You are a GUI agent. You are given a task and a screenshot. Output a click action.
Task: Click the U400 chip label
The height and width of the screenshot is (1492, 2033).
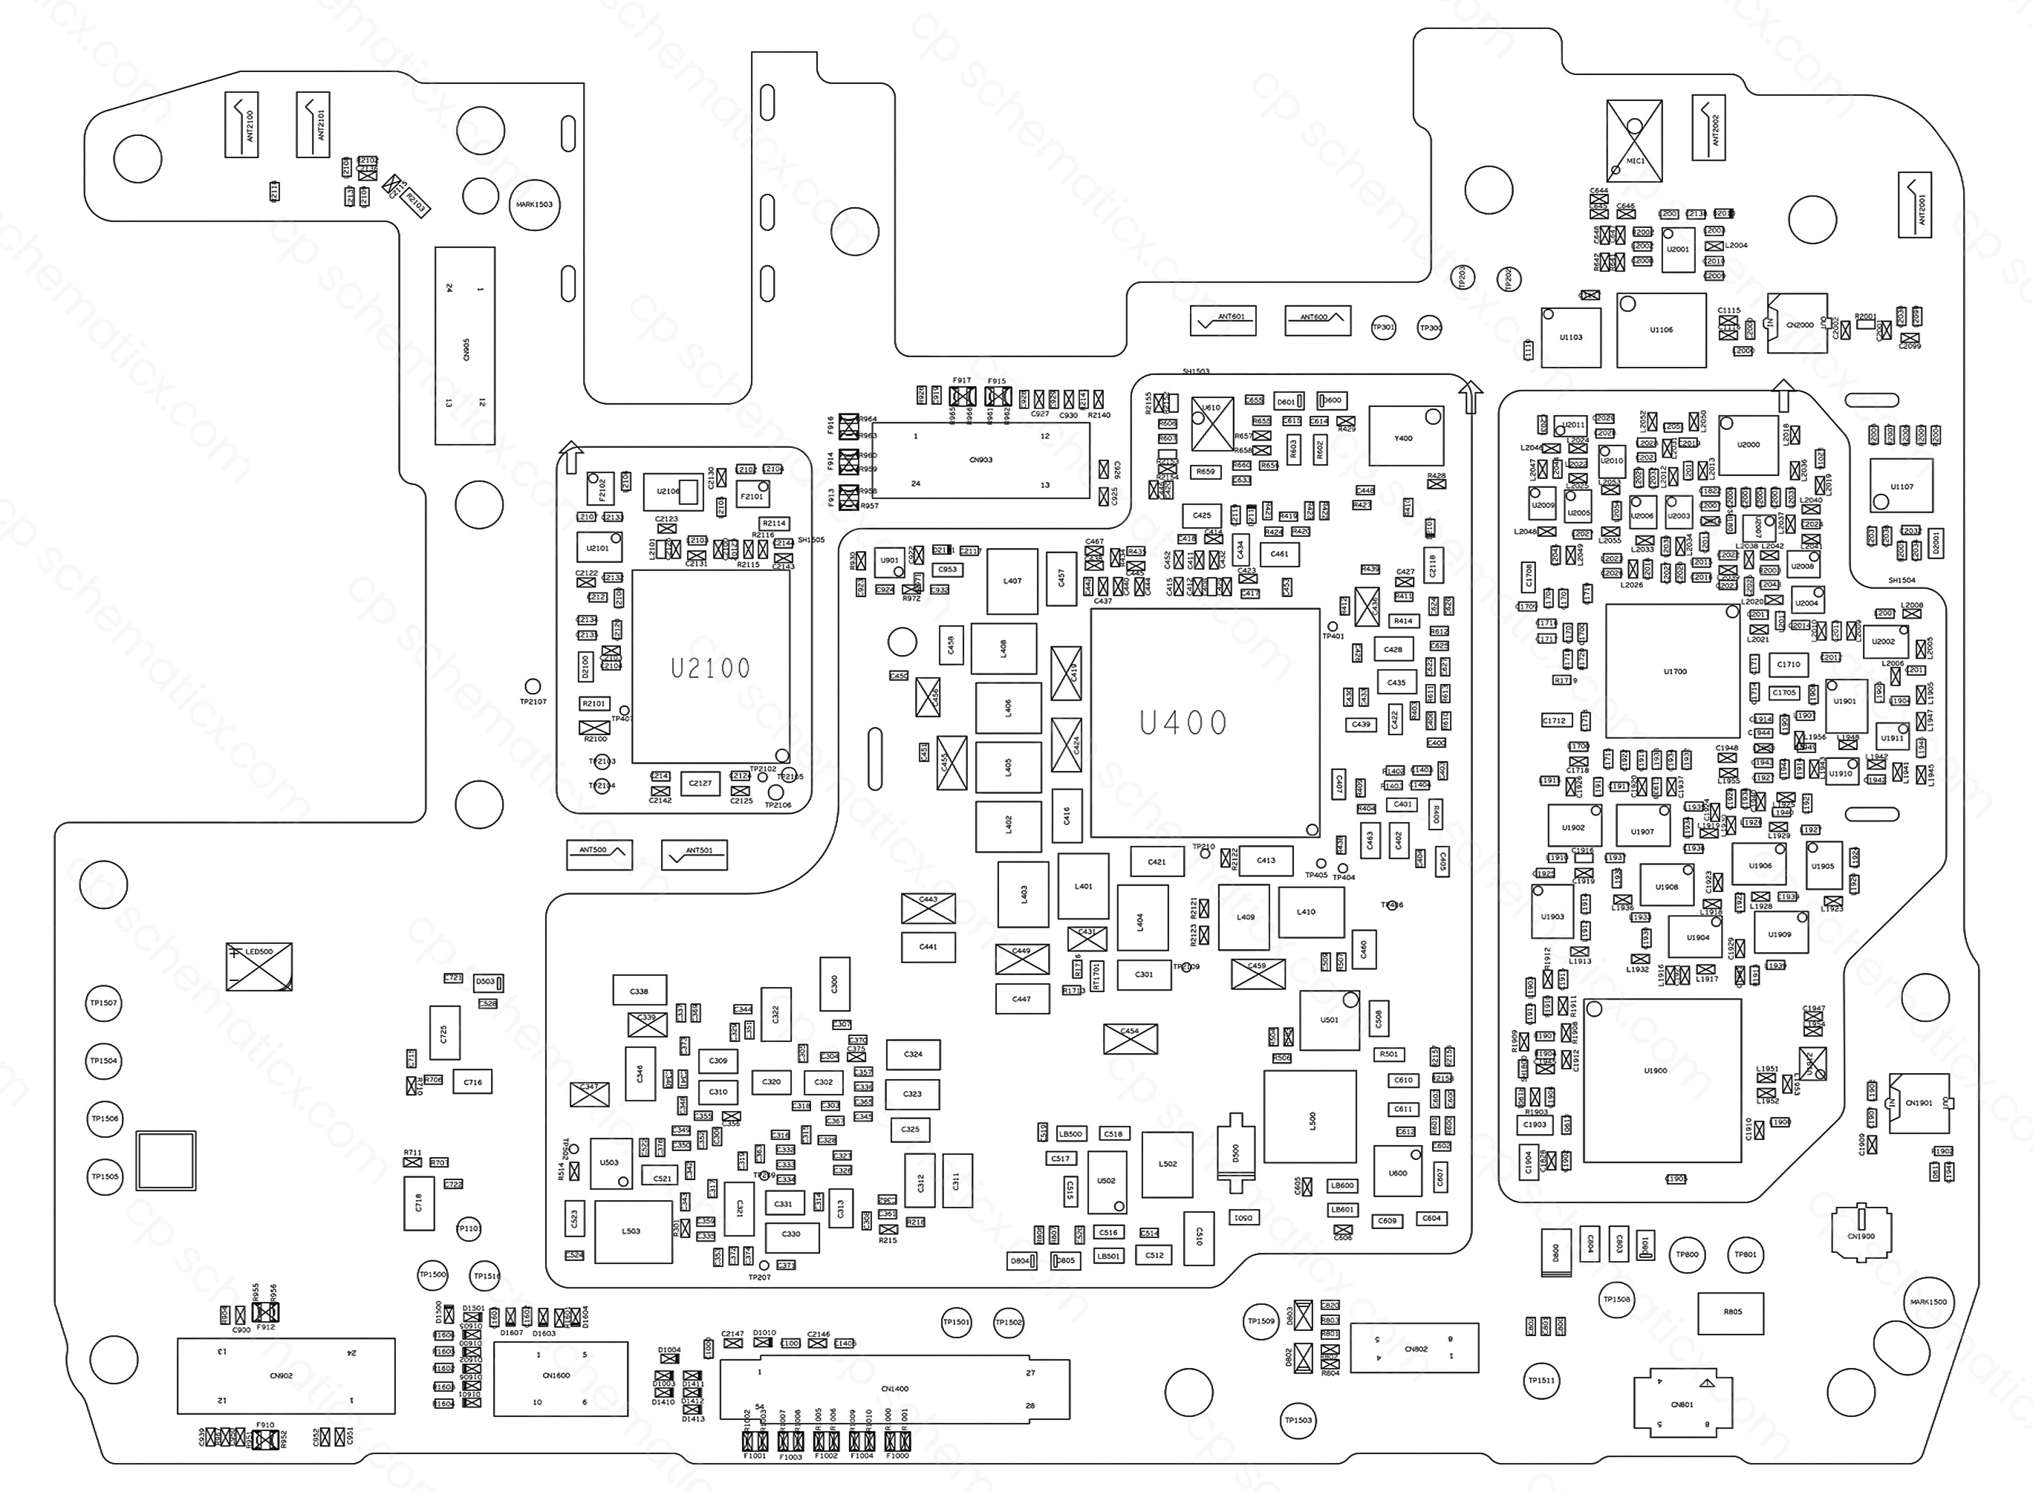[x=1183, y=723]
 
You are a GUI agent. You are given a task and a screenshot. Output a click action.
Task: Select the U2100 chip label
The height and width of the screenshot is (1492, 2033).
[x=710, y=668]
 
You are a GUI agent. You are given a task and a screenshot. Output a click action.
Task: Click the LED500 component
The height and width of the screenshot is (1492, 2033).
[x=259, y=965]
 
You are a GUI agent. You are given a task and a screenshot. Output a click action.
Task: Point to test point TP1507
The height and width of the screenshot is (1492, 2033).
[x=104, y=1003]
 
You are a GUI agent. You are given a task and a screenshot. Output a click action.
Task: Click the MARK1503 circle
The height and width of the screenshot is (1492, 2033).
[x=535, y=205]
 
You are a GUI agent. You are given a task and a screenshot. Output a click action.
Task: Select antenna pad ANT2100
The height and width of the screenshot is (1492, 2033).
[x=241, y=125]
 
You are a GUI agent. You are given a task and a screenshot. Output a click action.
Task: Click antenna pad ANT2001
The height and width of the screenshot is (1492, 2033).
[x=1915, y=205]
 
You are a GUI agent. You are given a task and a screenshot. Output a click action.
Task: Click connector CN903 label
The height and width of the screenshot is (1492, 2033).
[x=980, y=460]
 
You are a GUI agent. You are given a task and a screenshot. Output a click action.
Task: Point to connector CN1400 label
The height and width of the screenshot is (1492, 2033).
[x=894, y=1389]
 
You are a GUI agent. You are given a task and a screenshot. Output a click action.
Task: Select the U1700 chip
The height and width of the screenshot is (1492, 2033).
[x=1673, y=671]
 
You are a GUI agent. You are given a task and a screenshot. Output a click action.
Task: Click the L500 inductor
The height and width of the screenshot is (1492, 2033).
[x=1310, y=1117]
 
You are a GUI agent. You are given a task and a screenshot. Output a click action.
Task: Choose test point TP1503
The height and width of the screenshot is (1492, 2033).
[x=1298, y=1421]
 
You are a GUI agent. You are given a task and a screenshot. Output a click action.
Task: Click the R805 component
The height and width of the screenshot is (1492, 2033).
[x=1731, y=1312]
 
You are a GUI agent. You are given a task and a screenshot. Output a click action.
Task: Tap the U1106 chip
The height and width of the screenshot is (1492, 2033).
[x=1661, y=330]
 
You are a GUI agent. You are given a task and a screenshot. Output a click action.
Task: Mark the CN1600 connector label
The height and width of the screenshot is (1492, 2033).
[x=556, y=1375]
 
